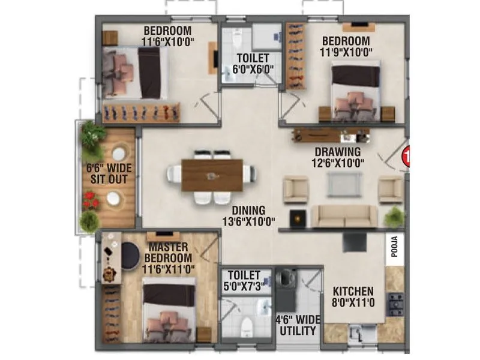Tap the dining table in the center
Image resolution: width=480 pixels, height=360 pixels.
pos(212,175)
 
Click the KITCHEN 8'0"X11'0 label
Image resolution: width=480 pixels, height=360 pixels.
pos(354,296)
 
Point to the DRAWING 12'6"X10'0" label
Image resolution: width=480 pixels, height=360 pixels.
pos(338,157)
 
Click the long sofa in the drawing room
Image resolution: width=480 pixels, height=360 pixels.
pos(347,216)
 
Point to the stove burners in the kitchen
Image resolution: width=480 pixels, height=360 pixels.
pos(395,304)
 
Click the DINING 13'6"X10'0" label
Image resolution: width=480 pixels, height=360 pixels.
pos(247,215)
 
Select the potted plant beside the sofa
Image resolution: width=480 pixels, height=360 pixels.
pos(394,216)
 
